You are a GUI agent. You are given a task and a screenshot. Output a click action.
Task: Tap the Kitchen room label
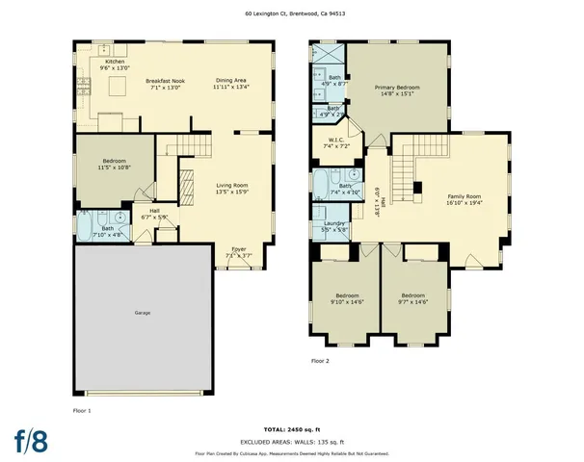point(115,62)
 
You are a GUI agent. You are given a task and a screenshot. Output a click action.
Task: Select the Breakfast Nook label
point(165,81)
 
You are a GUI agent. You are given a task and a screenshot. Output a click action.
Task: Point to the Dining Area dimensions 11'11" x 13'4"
point(231,88)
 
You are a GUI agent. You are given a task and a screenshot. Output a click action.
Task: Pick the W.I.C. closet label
point(336,140)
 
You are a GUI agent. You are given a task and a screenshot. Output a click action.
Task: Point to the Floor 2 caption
point(320,361)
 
